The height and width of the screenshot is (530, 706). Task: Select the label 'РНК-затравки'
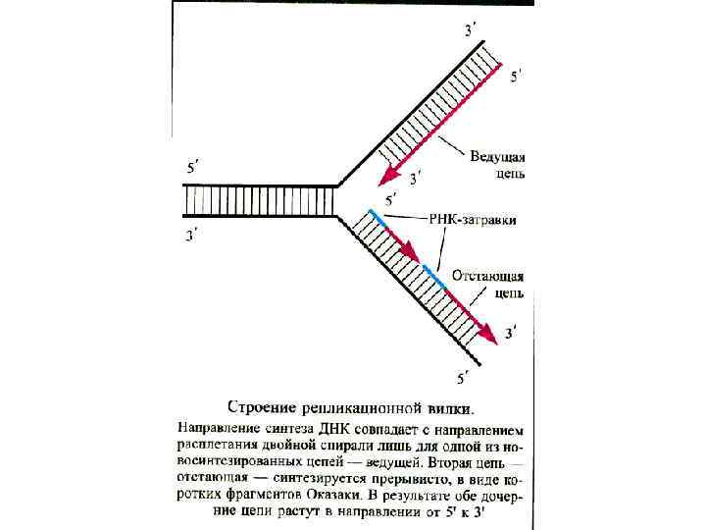coord(472,220)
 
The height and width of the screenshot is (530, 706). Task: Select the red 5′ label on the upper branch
coord(516,77)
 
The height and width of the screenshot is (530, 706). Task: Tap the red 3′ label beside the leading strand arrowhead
coord(416,178)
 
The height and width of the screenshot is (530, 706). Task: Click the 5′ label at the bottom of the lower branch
coord(464,375)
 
